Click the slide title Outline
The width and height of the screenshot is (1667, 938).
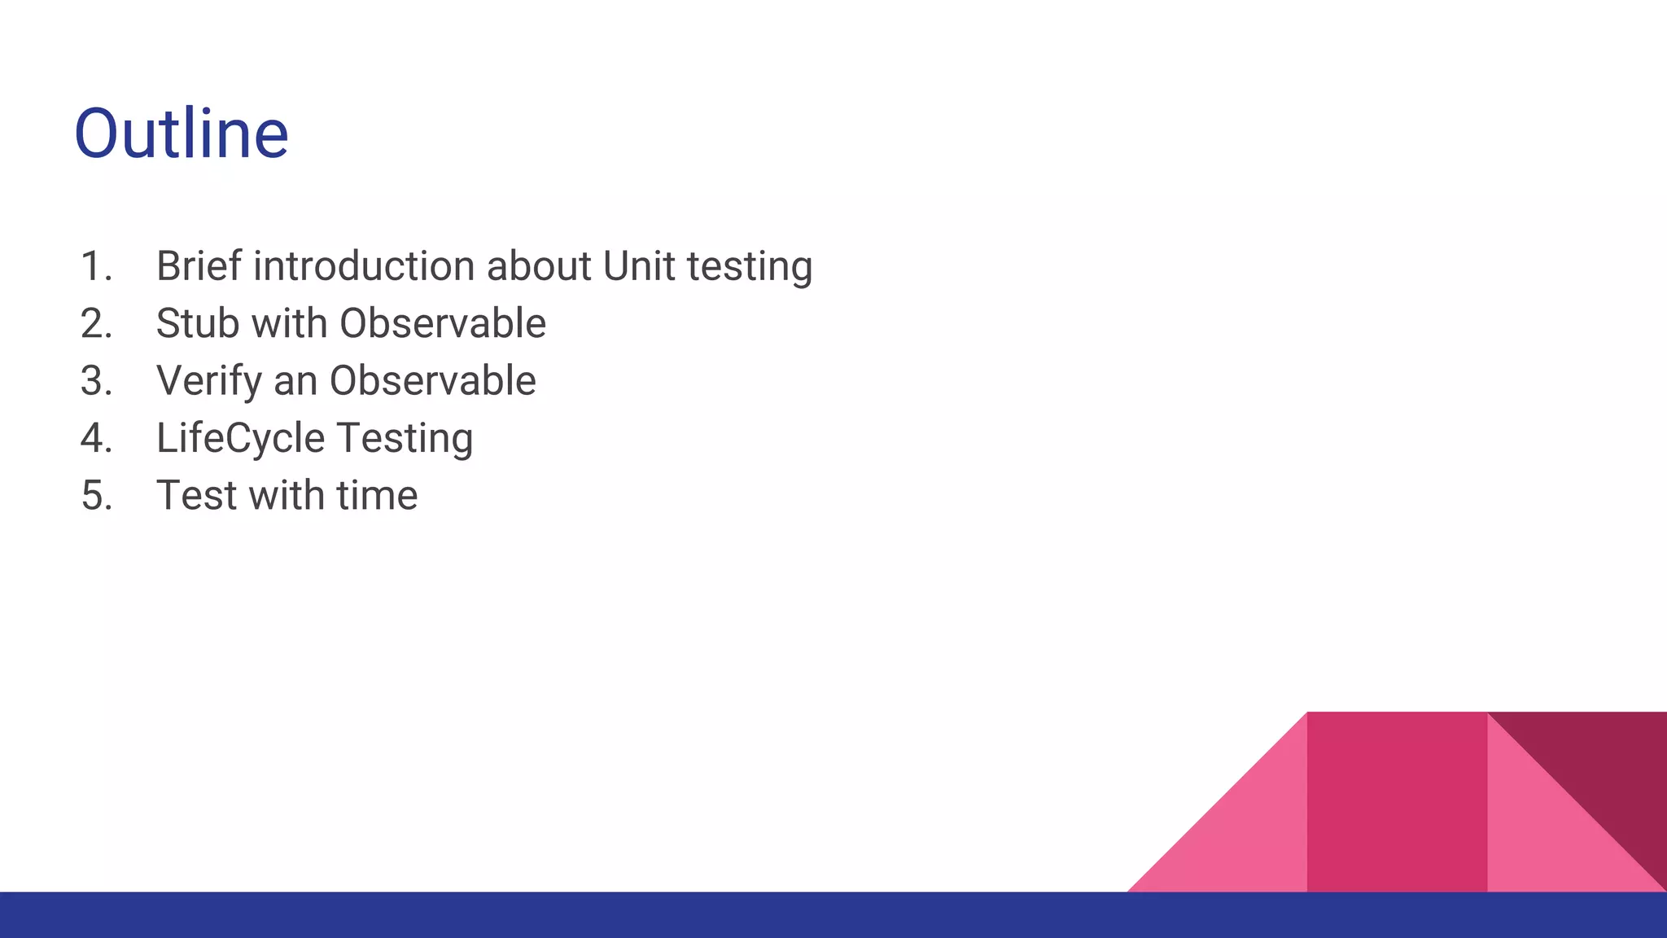pos(182,134)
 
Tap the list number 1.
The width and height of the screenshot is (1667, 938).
pos(96,266)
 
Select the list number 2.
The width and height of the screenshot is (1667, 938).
pos(96,324)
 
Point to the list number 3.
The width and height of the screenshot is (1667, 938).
pos(96,381)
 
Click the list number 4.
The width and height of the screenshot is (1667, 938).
pos(96,438)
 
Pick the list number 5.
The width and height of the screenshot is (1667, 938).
pos(96,496)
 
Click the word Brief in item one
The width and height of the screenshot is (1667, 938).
pos(199,266)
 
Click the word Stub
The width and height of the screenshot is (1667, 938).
pos(198,324)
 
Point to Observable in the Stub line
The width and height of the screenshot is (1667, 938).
pos(442,324)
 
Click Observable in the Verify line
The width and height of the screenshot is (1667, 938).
pos(432,381)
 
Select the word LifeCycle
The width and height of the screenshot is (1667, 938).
pos(240,438)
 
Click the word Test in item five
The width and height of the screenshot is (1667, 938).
pos(196,496)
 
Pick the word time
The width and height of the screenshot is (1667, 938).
pos(377,496)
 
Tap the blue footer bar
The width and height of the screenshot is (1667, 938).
pos(833,914)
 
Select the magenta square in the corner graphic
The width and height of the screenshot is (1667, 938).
pos(1397,801)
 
